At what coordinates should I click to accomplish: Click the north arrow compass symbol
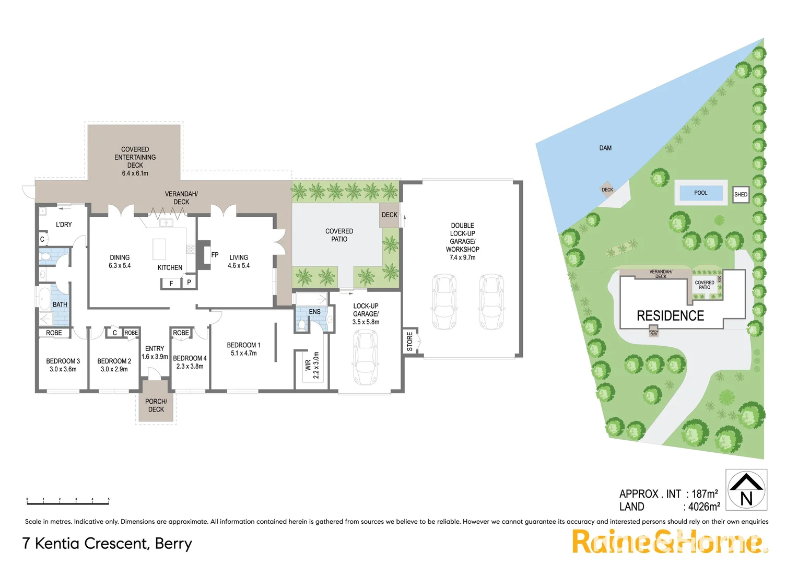click(x=746, y=489)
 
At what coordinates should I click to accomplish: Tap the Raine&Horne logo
click(x=669, y=542)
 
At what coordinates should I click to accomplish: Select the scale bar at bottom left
click(x=68, y=502)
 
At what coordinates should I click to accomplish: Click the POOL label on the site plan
click(x=700, y=193)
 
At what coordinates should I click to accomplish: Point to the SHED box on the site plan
click(x=741, y=194)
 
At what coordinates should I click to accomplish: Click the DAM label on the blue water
click(x=605, y=148)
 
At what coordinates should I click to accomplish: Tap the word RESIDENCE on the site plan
click(x=670, y=316)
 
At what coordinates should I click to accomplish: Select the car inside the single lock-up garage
click(x=365, y=357)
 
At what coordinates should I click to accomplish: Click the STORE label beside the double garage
click(x=410, y=342)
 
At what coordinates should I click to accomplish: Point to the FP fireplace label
click(x=215, y=255)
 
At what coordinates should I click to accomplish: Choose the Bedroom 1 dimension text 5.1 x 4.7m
click(x=243, y=354)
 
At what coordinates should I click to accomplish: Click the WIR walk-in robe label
click(x=308, y=365)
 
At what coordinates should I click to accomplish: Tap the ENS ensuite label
click(x=314, y=312)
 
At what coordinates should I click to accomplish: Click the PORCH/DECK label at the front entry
click(x=156, y=405)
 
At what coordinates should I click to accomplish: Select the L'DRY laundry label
click(x=64, y=225)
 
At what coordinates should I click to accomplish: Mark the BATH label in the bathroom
click(x=60, y=304)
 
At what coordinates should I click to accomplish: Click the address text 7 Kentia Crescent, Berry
click(x=107, y=544)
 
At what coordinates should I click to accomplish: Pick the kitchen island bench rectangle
click(x=159, y=249)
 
